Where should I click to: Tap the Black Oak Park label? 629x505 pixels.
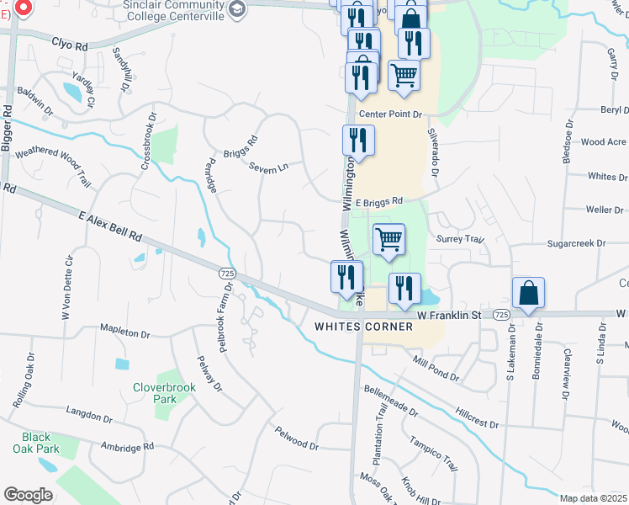(x=36, y=443)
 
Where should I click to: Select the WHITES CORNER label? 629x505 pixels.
(x=363, y=327)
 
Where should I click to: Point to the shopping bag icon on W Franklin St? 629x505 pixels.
(x=528, y=294)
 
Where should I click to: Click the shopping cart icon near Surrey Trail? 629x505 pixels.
(x=388, y=239)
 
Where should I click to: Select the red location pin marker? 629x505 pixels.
(x=22, y=8)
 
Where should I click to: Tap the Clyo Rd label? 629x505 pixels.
(x=70, y=41)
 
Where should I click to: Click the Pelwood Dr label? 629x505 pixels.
(x=297, y=438)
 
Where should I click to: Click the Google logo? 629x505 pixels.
(x=28, y=495)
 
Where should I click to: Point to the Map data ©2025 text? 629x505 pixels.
(x=594, y=498)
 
